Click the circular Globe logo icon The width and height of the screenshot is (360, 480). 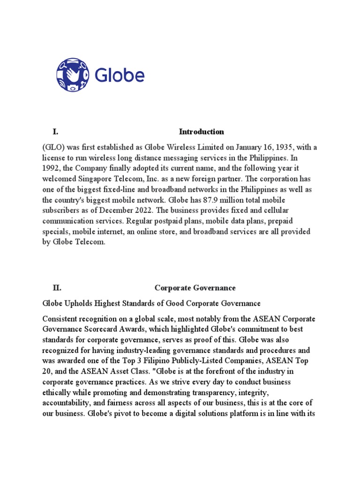point(72,75)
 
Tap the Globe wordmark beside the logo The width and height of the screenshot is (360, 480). point(120,75)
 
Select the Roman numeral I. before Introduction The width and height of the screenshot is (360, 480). point(55,132)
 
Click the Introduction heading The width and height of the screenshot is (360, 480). point(202,132)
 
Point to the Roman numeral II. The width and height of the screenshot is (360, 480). point(57,288)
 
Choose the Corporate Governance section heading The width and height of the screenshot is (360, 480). point(195,288)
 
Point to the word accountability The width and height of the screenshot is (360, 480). point(65,403)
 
